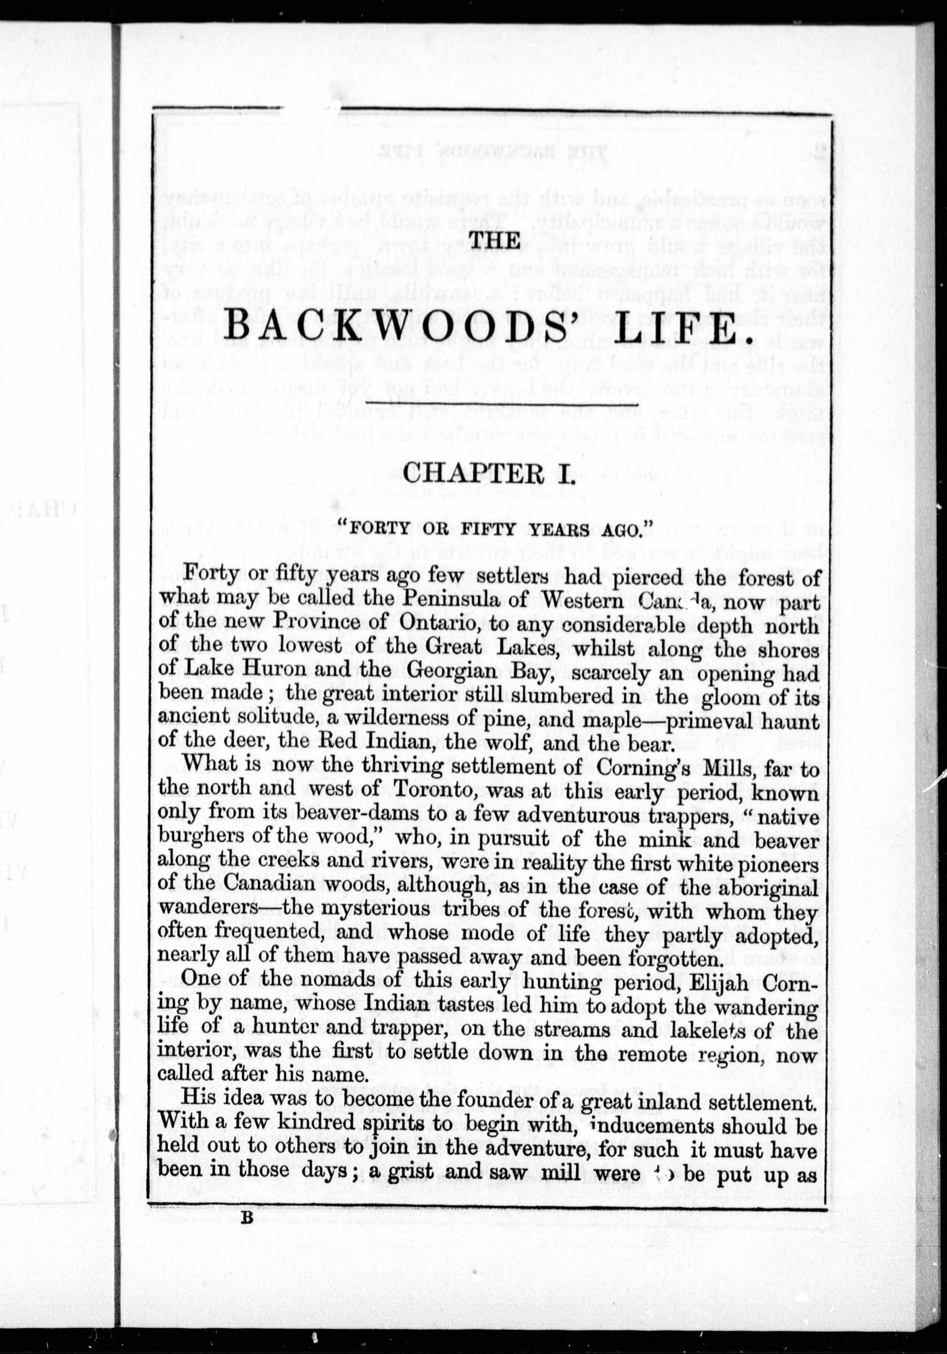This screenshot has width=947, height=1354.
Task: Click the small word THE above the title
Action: point(494,240)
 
